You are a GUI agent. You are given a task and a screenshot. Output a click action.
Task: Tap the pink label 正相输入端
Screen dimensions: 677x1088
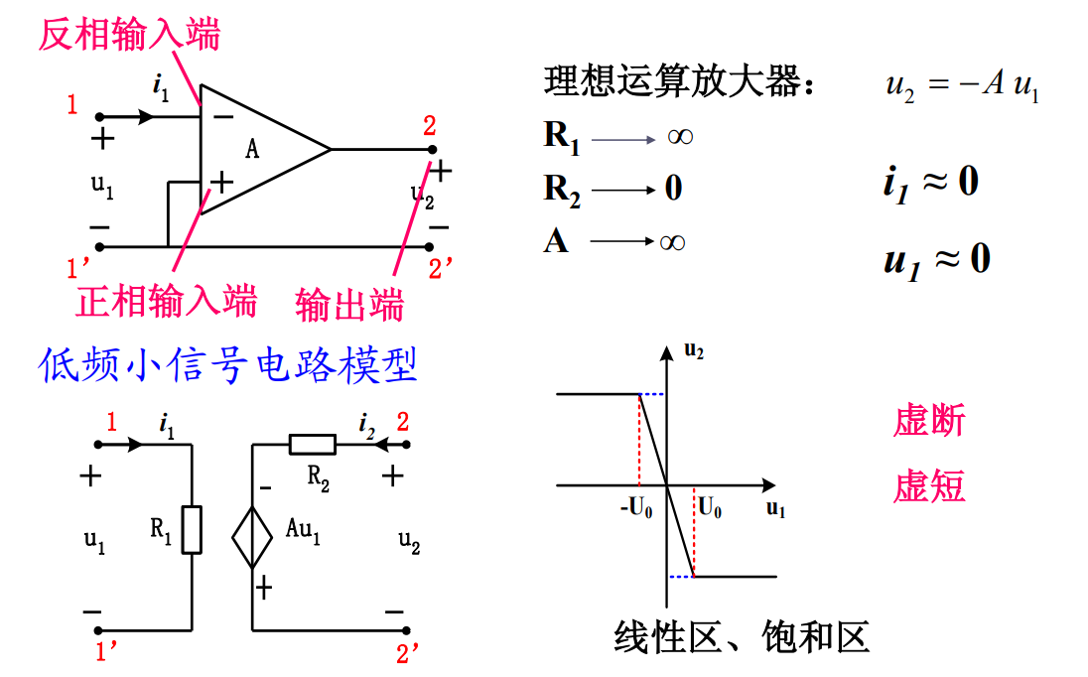pos(167,299)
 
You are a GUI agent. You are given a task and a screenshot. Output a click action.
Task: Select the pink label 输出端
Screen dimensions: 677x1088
pos(349,304)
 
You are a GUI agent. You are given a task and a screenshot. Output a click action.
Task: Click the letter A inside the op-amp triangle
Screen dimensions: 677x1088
pos(252,150)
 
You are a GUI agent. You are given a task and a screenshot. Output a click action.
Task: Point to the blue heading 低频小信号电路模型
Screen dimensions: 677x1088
pos(227,365)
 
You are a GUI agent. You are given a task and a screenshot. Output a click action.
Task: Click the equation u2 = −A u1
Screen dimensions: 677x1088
pos(962,86)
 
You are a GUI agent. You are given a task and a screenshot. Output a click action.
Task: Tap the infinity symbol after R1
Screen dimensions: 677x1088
pos(679,137)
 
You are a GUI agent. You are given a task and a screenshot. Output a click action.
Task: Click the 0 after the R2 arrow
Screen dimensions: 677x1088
pos(673,188)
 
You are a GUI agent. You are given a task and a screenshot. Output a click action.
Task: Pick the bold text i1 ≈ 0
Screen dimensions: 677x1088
pos(930,184)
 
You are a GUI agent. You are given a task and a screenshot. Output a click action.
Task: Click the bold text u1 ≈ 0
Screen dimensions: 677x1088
pos(936,260)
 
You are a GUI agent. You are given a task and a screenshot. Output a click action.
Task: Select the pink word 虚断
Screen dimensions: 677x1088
pos(929,421)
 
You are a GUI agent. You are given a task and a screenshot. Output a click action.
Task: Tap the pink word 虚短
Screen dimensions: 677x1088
pos(929,487)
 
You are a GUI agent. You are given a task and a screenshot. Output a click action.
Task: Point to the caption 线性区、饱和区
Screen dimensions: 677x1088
pos(742,636)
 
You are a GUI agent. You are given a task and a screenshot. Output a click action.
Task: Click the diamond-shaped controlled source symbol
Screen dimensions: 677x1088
pos(252,536)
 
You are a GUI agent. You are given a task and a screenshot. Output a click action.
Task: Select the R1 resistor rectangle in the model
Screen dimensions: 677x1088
pos(193,529)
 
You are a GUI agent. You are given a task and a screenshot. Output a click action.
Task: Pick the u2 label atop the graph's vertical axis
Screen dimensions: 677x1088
pos(694,350)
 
